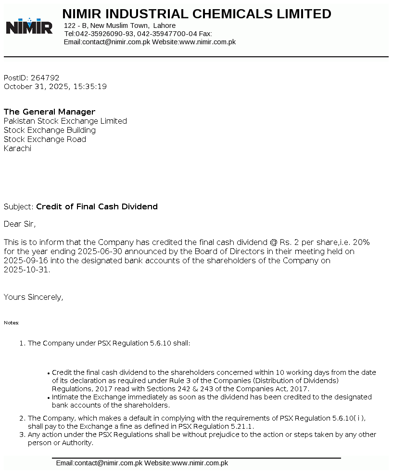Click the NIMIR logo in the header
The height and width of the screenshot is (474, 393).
tap(29, 26)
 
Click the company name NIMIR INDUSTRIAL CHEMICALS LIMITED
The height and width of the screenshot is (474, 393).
tap(197, 14)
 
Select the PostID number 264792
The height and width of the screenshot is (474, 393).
tap(45, 77)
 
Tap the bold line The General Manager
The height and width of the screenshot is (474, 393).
tap(50, 112)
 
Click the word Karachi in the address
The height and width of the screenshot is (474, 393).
tap(17, 149)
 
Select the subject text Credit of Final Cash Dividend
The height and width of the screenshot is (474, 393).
tap(97, 207)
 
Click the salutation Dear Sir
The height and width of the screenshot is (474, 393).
tap(19, 224)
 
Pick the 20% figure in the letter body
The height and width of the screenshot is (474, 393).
tap(361, 242)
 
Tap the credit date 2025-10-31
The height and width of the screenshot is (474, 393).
tap(26, 269)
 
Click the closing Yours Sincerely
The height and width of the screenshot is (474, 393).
tap(33, 297)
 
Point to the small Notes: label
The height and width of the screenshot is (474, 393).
tap(12, 323)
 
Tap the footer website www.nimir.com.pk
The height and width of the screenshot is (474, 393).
tap(200, 463)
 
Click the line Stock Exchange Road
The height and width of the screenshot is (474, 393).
tap(45, 140)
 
